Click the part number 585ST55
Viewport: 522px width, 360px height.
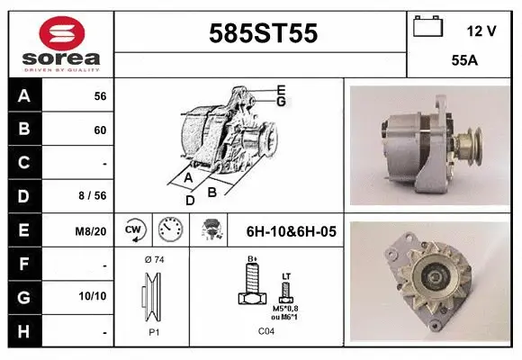262,33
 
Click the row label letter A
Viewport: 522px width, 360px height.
24,96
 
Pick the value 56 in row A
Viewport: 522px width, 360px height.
100,96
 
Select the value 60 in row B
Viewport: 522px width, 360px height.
100,130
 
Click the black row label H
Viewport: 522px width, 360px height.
24,331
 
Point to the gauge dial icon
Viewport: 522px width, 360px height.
169,230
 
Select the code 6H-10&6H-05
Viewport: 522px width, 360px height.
291,231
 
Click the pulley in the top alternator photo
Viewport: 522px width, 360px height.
467,143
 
